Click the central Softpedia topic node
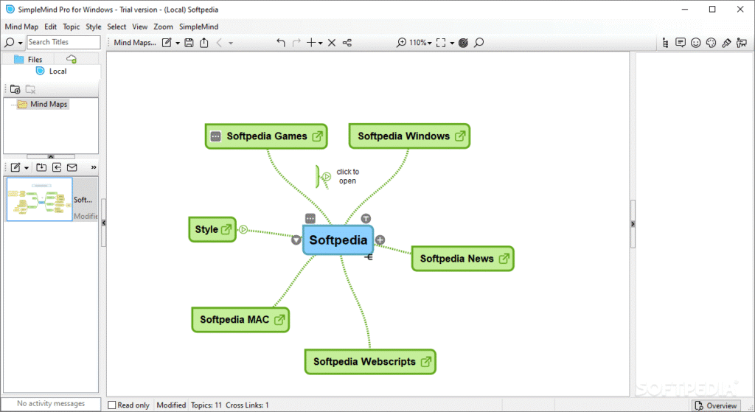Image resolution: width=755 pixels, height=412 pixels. point(338,240)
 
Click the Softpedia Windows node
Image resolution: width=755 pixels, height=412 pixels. point(403,136)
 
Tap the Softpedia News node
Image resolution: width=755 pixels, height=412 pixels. point(456,259)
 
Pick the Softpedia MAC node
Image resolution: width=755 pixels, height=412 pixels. point(234,320)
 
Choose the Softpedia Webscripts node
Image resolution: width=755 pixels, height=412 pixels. point(363,362)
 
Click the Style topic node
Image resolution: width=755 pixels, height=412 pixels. point(206,230)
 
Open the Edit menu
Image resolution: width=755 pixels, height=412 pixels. point(50,27)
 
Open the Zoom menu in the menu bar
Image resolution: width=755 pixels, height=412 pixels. point(163,27)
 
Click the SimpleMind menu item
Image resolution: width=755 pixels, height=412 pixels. point(198,27)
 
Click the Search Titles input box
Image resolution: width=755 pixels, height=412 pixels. point(63,43)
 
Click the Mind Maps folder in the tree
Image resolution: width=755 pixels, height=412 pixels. point(49,105)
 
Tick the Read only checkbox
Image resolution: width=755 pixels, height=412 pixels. point(112,405)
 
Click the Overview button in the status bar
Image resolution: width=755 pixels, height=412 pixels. point(716,405)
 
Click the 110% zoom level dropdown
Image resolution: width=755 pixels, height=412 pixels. point(419,43)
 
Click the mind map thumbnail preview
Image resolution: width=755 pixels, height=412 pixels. point(40,199)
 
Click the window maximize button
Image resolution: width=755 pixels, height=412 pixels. point(712,9)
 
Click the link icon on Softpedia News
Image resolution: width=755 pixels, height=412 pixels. point(504,259)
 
